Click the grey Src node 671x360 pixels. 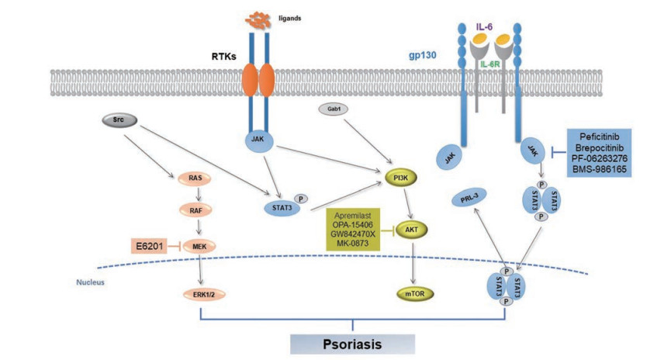click(x=119, y=120)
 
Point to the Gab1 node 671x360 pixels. click(x=333, y=110)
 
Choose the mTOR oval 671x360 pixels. click(x=415, y=295)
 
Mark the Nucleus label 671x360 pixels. click(x=88, y=282)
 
